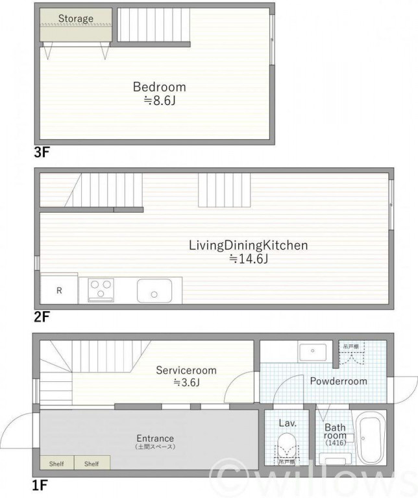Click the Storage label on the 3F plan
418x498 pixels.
[x=76, y=19]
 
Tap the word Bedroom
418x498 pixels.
[x=160, y=87]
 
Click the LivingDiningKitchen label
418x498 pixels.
[x=248, y=246]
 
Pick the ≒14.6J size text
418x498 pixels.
[x=248, y=259]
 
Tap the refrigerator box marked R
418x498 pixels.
[x=59, y=290]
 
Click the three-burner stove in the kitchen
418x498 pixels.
[x=101, y=289]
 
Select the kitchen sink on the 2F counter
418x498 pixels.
[x=154, y=290]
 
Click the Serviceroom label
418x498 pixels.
[x=186, y=370]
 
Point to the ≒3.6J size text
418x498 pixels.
[x=186, y=383]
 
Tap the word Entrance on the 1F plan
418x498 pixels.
[x=155, y=438]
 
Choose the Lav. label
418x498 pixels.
[x=288, y=423]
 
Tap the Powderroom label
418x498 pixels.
[x=338, y=381]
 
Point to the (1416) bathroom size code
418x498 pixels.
[x=336, y=444]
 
